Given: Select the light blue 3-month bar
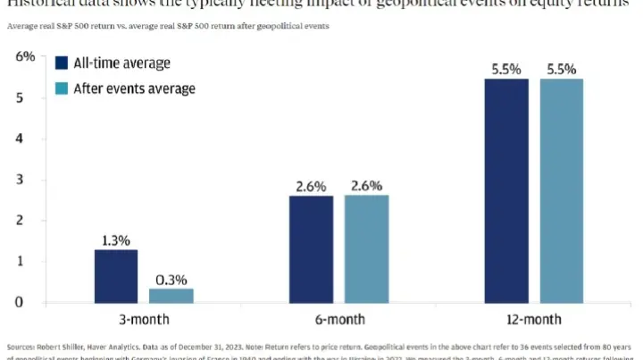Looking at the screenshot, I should point(171,295).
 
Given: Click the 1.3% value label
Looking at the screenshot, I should point(115,240).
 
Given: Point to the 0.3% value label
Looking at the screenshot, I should point(171,279).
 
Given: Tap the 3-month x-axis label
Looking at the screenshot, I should point(143,320).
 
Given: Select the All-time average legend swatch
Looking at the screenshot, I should point(63,63).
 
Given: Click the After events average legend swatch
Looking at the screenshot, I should point(63,88).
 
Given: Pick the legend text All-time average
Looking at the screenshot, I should point(122,63).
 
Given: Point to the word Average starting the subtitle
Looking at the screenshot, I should point(21,26).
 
